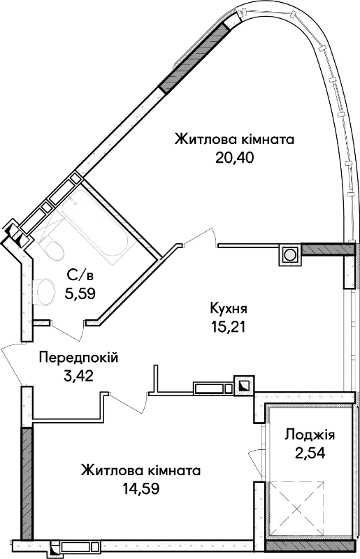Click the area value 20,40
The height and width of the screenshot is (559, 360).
tap(234, 157)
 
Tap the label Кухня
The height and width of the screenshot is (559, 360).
tap(229, 308)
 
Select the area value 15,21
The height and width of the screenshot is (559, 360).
tap(229, 326)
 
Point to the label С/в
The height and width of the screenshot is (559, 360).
tap(80, 275)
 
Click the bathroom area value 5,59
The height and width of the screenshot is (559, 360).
tap(80, 293)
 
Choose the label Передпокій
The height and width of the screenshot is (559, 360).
tap(78, 357)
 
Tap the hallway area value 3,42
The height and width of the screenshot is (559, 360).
tap(78, 376)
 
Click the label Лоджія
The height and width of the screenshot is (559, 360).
tap(310, 435)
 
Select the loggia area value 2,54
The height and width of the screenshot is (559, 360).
tap(310, 453)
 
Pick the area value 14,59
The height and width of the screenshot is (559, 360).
tap(141, 488)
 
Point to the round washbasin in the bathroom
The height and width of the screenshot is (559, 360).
tap(44, 292)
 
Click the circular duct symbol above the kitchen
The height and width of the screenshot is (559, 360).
tap(289, 255)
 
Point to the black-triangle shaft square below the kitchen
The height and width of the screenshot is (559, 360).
tap(244, 386)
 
